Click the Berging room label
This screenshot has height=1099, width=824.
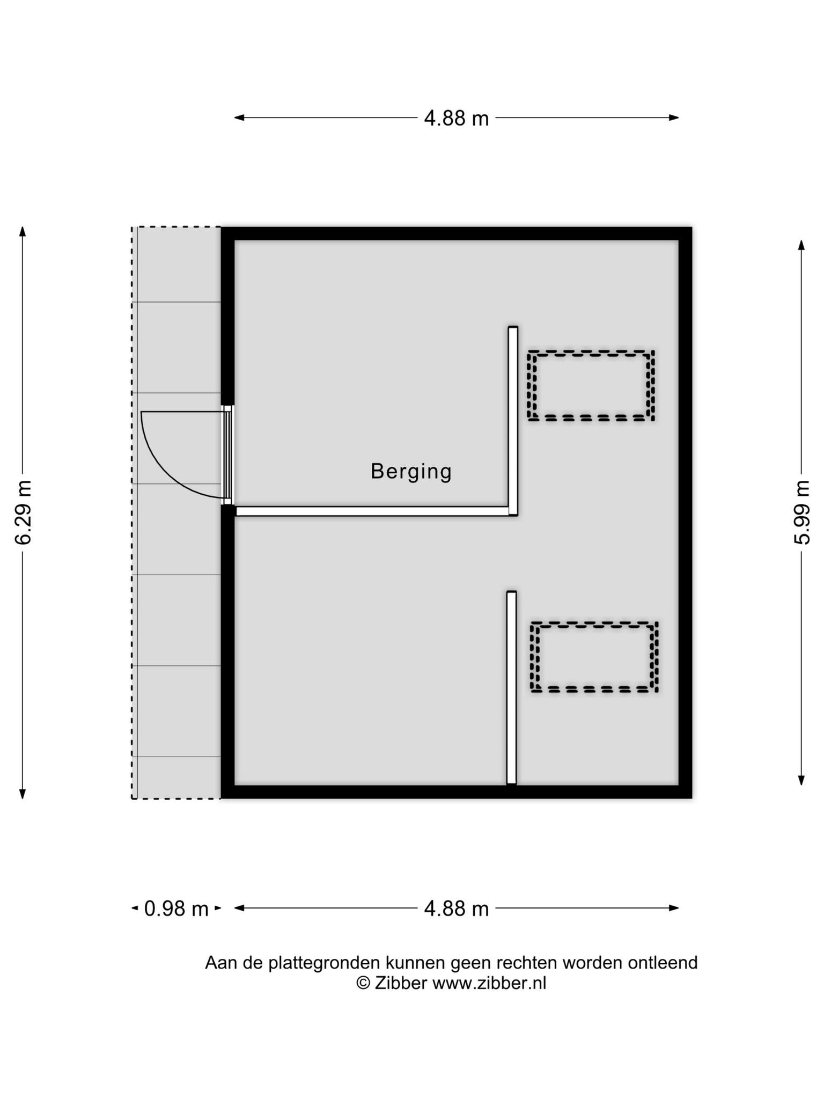tap(411, 472)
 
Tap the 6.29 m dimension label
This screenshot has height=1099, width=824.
tap(24, 513)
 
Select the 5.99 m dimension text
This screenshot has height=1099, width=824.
tap(801, 512)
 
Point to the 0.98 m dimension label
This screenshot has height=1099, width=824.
tap(176, 908)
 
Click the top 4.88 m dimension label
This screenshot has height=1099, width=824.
tap(457, 118)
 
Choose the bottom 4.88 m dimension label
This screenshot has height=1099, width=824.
tap(457, 908)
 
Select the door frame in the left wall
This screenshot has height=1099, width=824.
tap(228, 455)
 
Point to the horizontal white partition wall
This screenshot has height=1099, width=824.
tap(372, 511)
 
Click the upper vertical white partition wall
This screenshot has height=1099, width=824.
tap(513, 421)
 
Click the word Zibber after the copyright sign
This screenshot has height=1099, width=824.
tap(401, 983)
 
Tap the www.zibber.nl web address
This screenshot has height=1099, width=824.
tap(489, 983)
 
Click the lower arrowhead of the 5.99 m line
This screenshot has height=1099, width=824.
tap(801, 780)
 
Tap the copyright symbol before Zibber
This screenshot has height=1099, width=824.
tap(363, 983)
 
